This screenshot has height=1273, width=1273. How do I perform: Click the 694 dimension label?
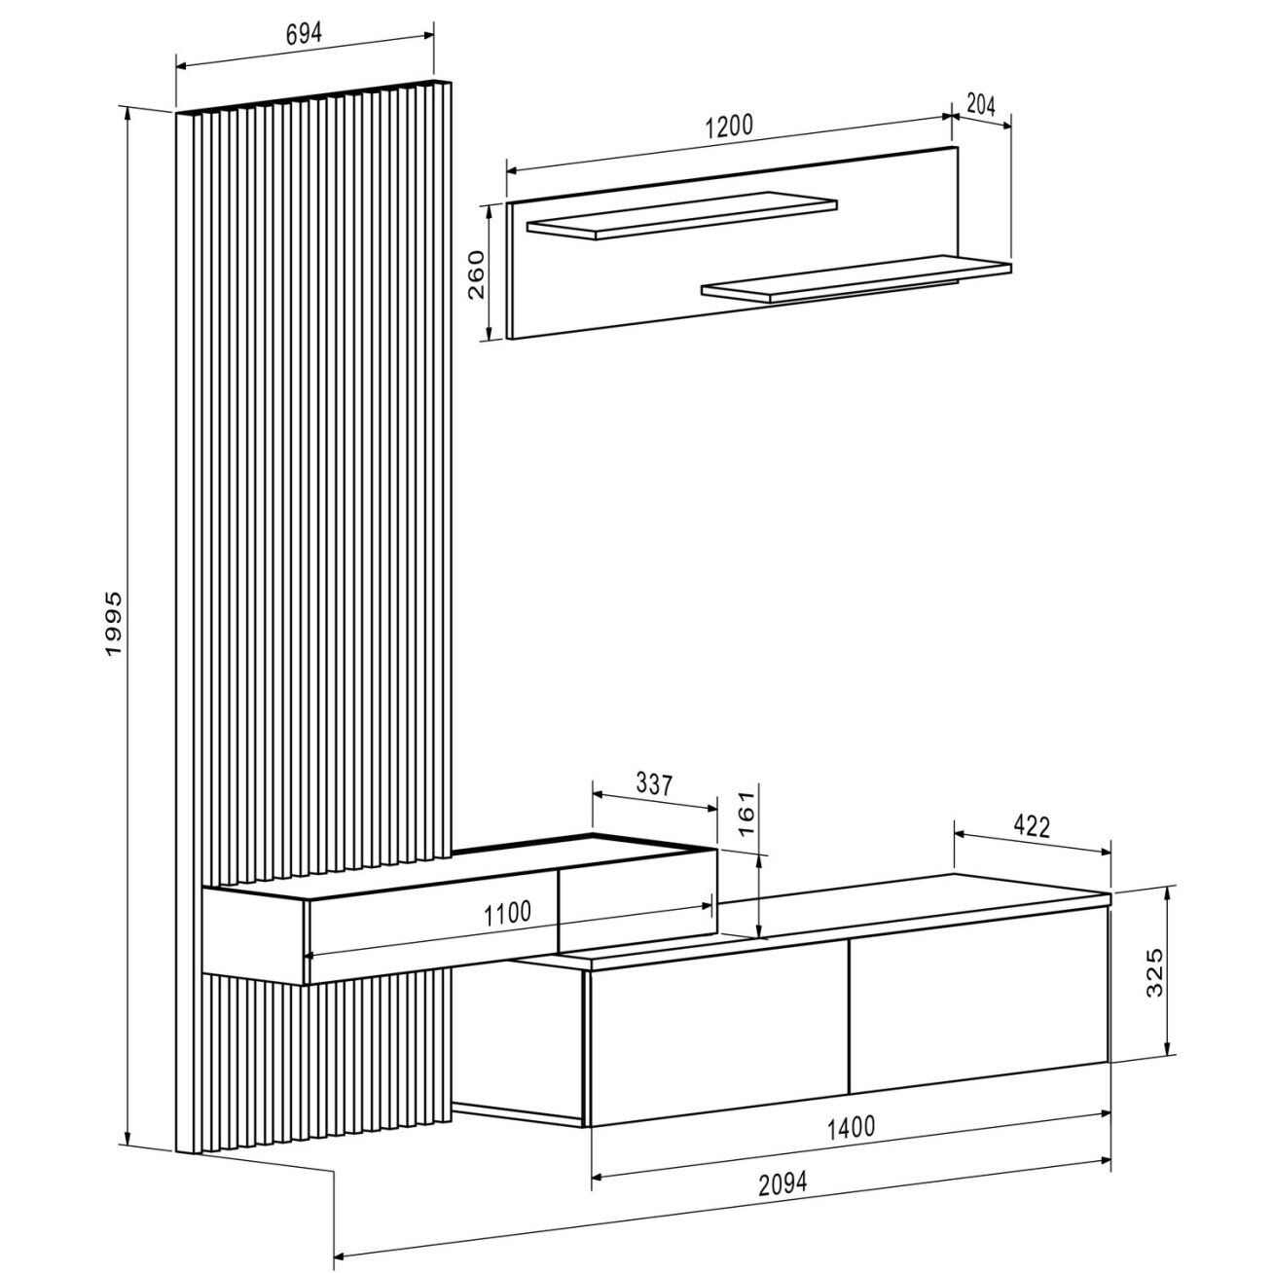pyautogui.click(x=304, y=33)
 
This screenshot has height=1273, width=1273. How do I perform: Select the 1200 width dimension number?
pyautogui.click(x=728, y=125)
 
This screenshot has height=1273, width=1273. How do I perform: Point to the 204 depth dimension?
pyautogui.click(x=980, y=104)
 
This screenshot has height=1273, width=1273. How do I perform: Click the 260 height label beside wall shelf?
pyautogui.click(x=476, y=274)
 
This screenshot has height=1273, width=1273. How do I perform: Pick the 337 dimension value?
pyautogui.click(x=654, y=784)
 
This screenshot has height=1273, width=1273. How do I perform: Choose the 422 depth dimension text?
pyautogui.click(x=1030, y=826)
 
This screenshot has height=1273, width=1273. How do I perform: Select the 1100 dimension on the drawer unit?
pyautogui.click(x=507, y=913)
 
